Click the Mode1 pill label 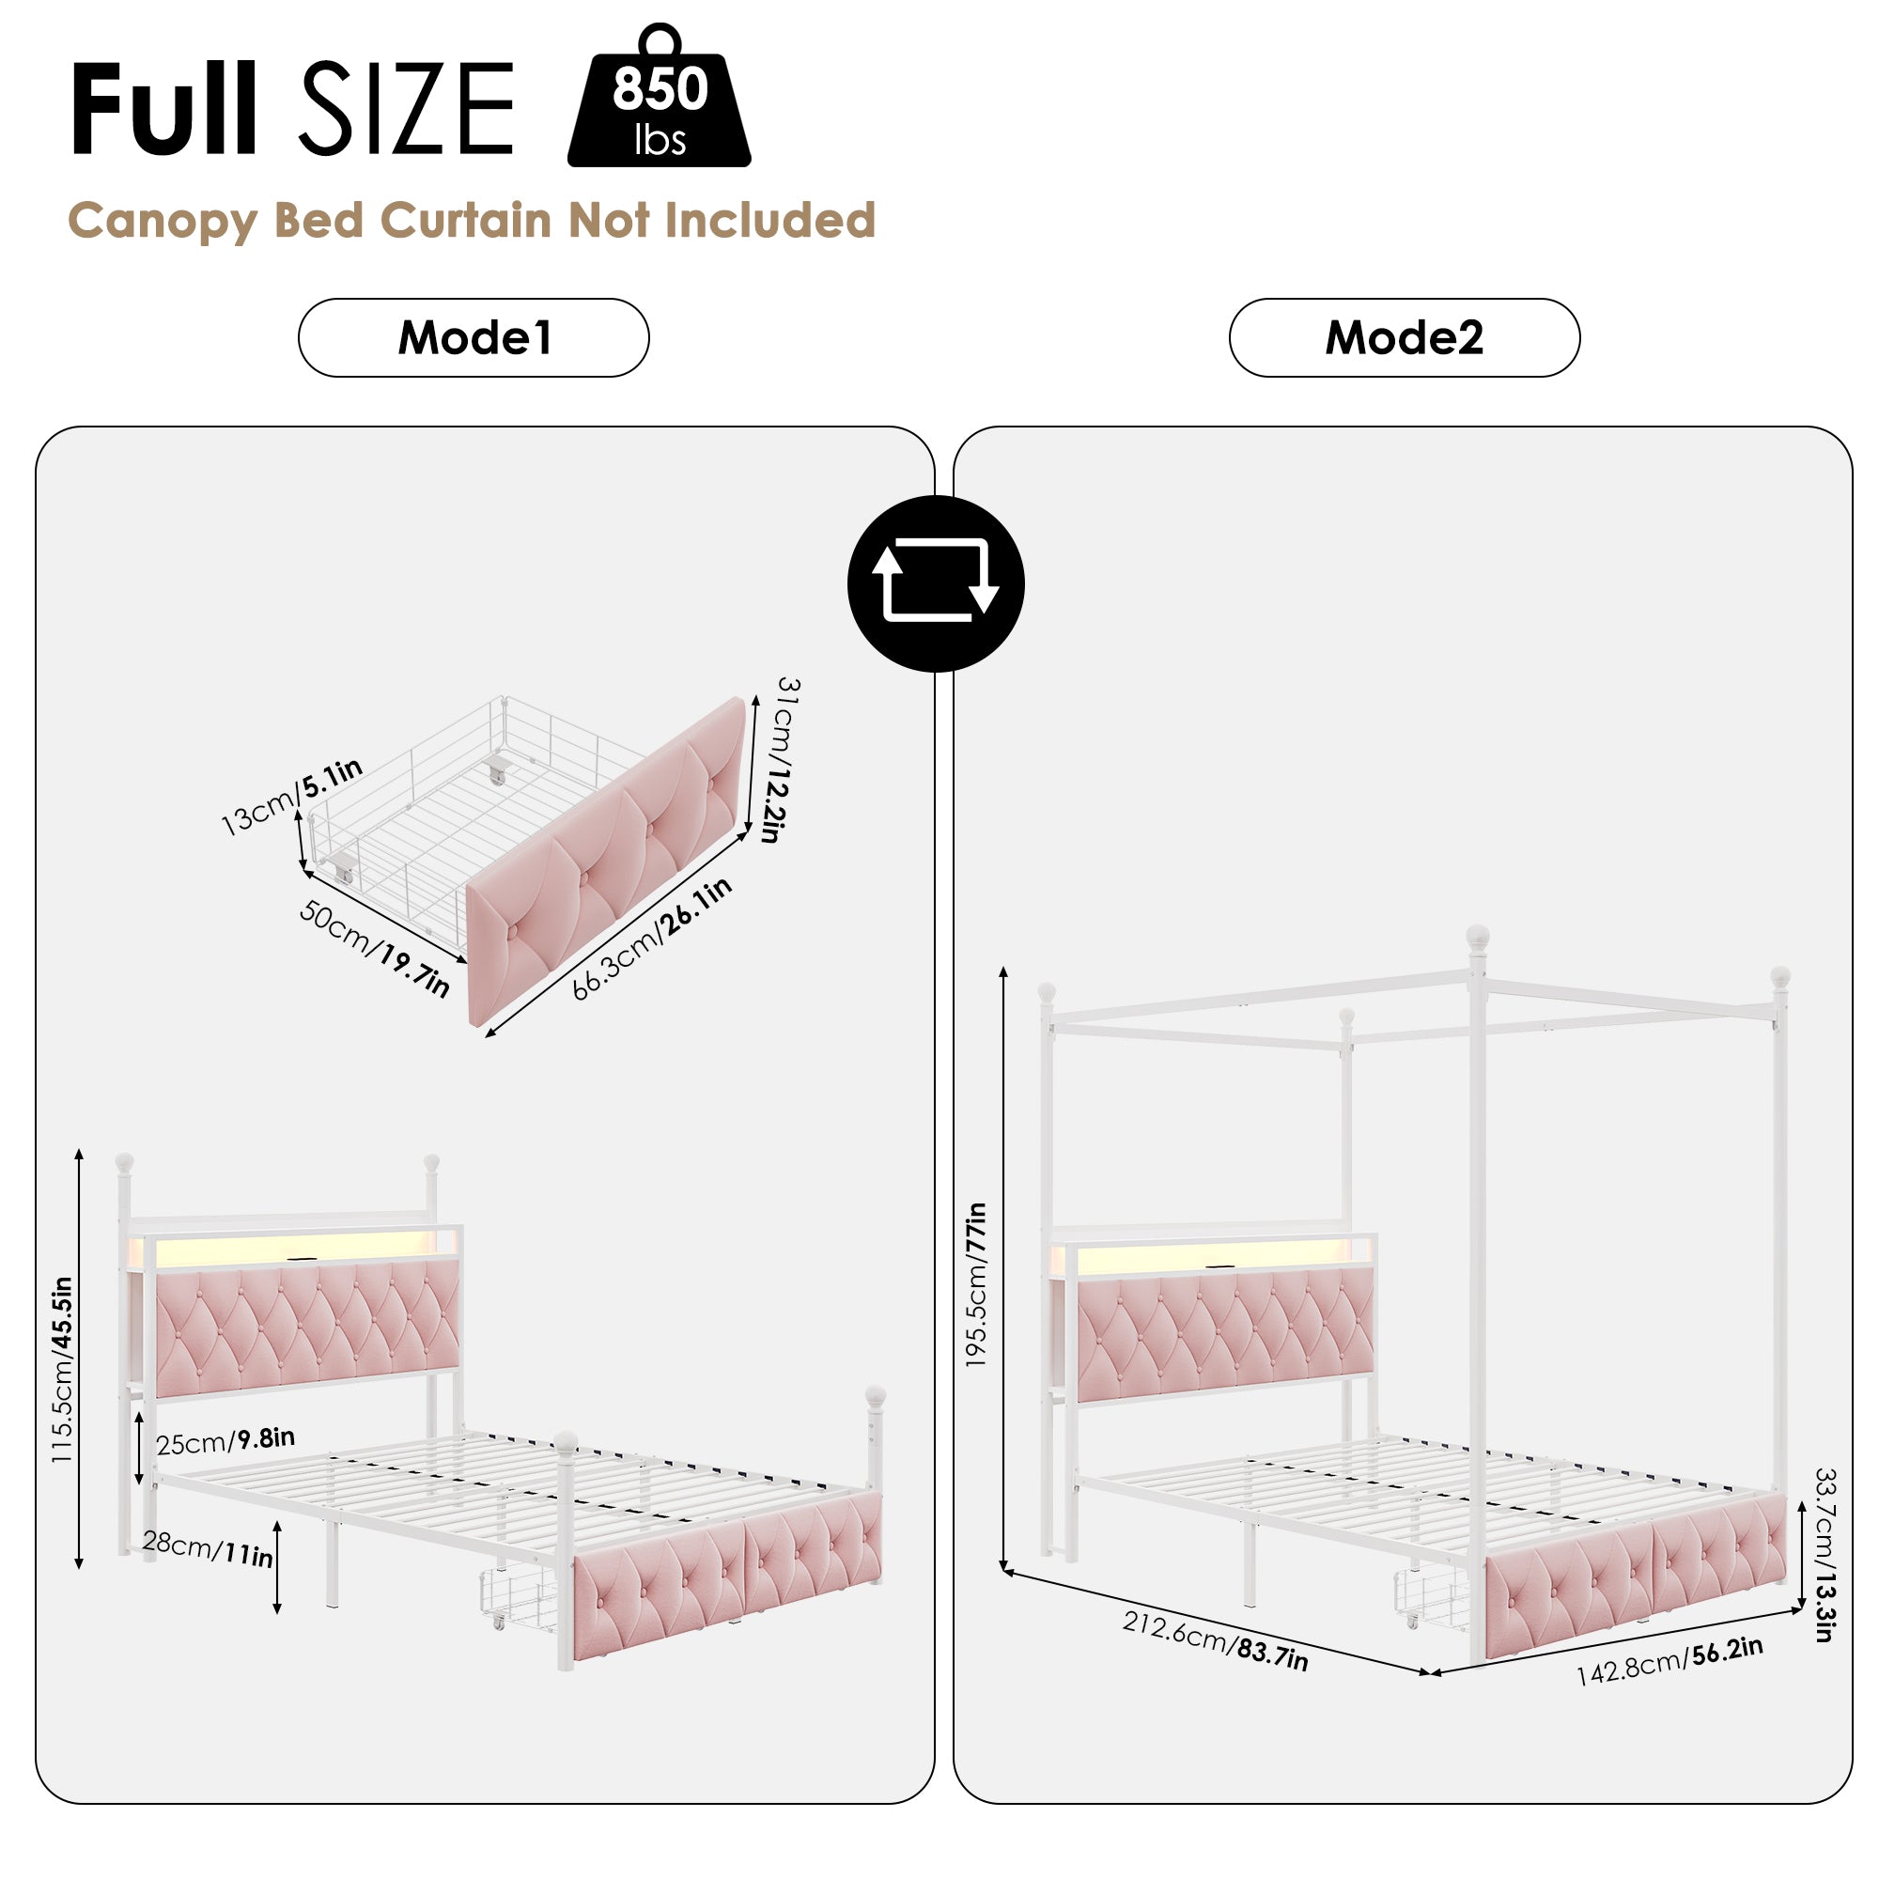tap(474, 337)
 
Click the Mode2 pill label tap(1404, 337)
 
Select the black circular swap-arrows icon tap(936, 583)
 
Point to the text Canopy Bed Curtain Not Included tap(472, 221)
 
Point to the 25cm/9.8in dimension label tap(225, 1441)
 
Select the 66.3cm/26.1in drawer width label tap(651, 939)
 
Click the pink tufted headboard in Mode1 tap(306, 1328)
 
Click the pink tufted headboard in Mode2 tap(1225, 1337)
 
